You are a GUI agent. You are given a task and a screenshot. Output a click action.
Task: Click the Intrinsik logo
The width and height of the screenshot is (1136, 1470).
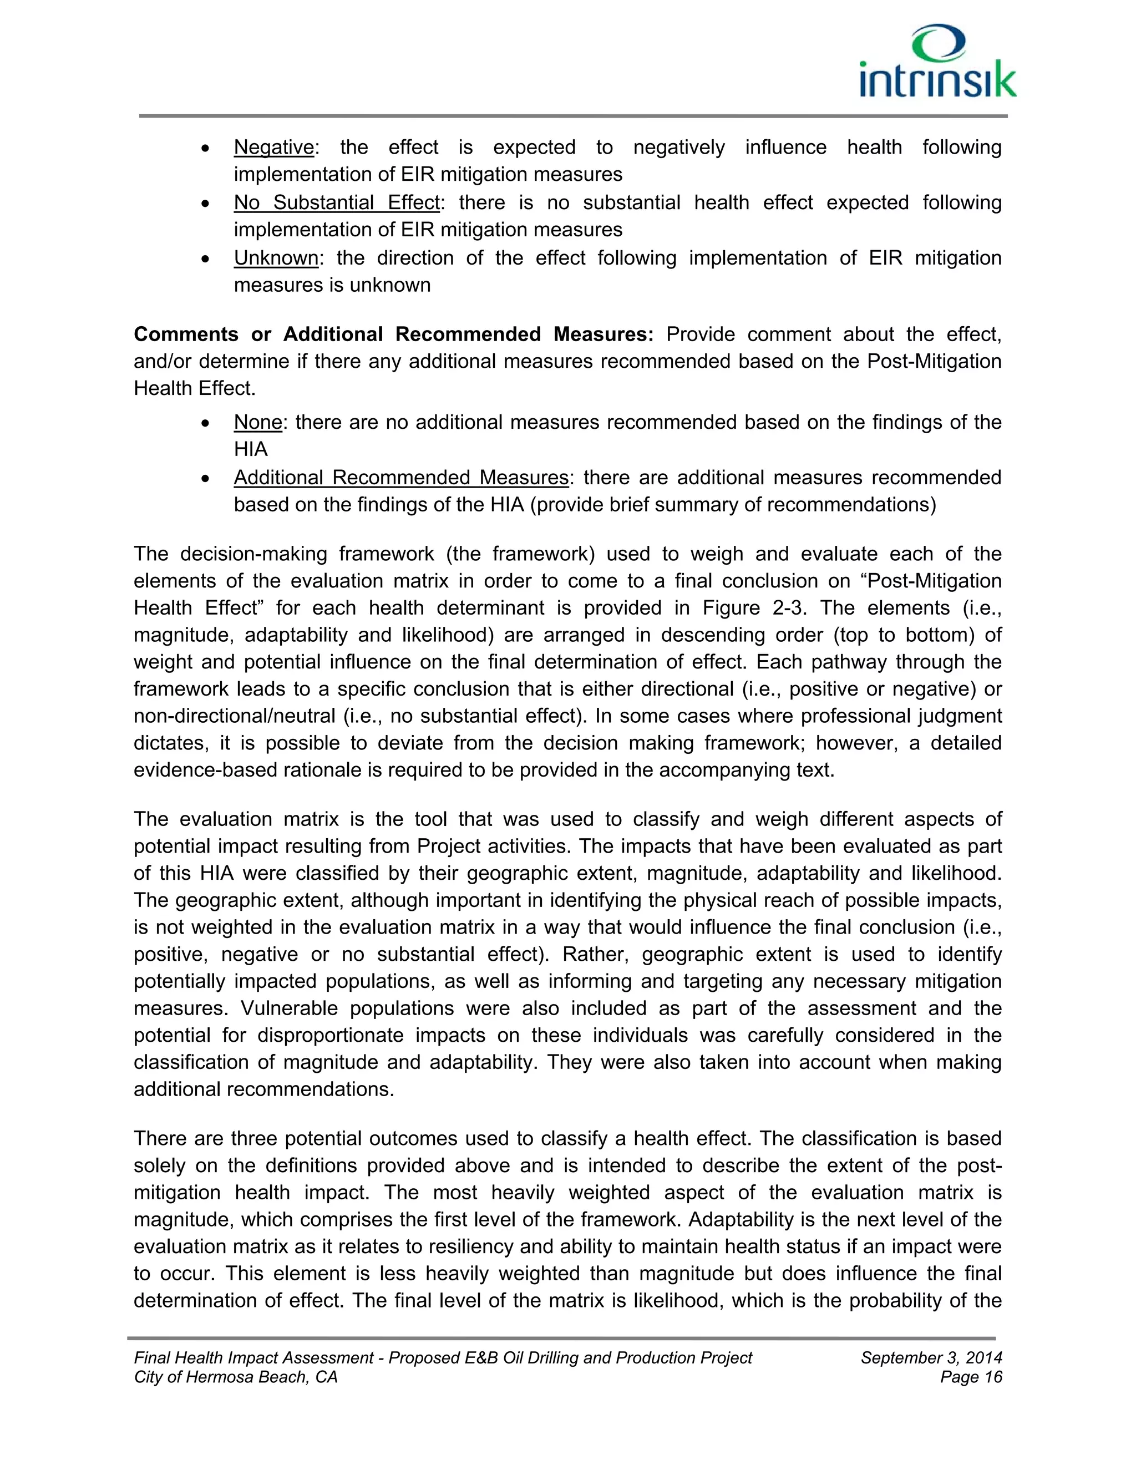937,63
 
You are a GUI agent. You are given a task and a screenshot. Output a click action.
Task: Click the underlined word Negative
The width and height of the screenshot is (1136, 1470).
273,148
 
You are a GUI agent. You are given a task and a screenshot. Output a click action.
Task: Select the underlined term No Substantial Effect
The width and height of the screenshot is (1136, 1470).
337,202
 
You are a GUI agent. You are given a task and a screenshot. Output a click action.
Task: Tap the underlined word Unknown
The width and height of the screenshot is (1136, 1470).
276,258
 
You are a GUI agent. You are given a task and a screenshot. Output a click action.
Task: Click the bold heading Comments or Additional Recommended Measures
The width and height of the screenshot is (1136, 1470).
394,334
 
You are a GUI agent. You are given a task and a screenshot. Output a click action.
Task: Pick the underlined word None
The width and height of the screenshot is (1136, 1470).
258,422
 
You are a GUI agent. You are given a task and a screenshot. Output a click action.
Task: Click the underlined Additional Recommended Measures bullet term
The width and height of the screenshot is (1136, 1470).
401,477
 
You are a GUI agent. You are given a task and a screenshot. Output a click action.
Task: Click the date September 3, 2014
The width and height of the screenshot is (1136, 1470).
931,1357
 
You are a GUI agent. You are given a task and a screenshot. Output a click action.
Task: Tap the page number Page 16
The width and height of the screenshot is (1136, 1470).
971,1377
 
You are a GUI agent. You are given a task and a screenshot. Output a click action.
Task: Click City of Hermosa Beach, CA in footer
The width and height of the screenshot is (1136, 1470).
236,1377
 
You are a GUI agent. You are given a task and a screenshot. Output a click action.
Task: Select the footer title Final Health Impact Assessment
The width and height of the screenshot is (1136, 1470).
253,1357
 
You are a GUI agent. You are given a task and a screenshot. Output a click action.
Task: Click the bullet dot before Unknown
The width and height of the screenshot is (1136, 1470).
206,259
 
